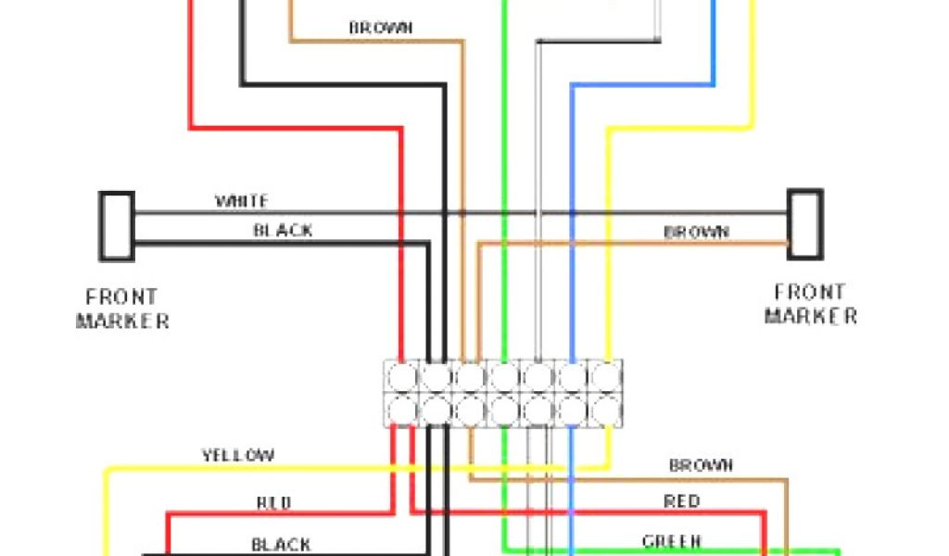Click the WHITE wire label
tap(242, 201)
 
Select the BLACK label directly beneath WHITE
tap(283, 231)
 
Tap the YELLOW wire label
tap(238, 456)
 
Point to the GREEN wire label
tap(672, 541)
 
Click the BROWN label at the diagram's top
tap(380, 28)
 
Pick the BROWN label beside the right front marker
tap(696, 232)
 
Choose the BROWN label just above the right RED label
tap(702, 465)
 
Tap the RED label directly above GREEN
tap(681, 502)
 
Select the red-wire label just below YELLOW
tap(273, 503)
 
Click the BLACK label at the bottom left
tap(281, 545)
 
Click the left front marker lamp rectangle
tap(117, 225)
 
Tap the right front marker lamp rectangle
tap(804, 224)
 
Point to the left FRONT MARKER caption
tap(122, 310)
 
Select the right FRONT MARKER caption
tap(810, 304)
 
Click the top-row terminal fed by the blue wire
tap(572, 377)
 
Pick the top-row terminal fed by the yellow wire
tap(605, 377)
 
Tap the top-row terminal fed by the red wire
tap(402, 377)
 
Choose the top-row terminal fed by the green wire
tap(504, 377)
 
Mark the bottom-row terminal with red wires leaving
tap(402, 409)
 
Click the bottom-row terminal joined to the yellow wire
tap(605, 409)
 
